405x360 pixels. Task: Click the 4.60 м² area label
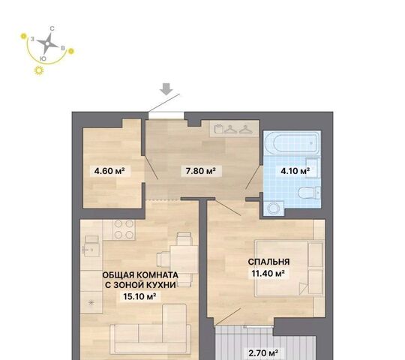(x=109, y=171)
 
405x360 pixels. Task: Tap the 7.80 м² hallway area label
(x=201, y=171)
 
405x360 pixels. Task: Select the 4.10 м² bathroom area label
(x=295, y=171)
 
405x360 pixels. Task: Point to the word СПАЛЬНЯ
(x=268, y=262)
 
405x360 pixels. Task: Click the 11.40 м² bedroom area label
(x=268, y=273)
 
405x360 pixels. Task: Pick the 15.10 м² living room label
(x=139, y=296)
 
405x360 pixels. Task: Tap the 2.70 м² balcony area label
(x=263, y=352)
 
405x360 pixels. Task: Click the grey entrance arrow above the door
(x=166, y=89)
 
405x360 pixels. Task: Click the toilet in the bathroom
(x=310, y=193)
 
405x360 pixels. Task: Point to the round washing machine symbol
(x=274, y=208)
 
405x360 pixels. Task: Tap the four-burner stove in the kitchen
(x=124, y=229)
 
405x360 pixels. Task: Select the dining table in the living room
(x=184, y=259)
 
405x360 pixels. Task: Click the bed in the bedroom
(x=289, y=268)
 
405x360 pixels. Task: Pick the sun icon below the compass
(x=39, y=70)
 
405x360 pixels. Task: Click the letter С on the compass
(x=52, y=28)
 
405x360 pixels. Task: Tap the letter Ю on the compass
(x=43, y=58)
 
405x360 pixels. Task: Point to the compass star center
(x=47, y=44)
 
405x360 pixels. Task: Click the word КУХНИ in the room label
(x=161, y=285)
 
